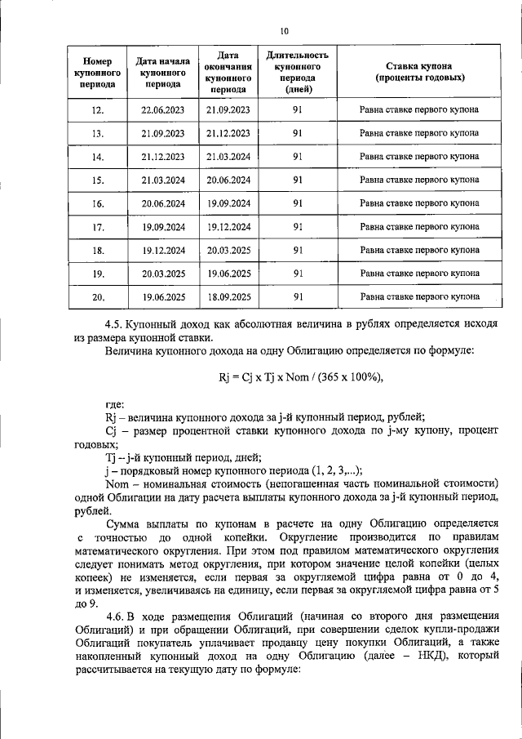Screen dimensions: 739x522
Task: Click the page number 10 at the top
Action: (284, 32)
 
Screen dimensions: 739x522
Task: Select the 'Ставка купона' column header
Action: (420, 72)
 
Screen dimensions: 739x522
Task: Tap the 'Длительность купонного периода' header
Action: (298, 72)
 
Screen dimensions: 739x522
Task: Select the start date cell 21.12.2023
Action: (163, 157)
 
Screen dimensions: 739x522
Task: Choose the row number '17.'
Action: (97, 227)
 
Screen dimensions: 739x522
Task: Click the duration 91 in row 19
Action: (298, 274)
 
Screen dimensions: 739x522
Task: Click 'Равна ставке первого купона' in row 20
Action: (420, 297)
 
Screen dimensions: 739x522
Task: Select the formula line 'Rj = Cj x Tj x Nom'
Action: (300, 376)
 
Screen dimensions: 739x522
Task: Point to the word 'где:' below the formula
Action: (115, 404)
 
